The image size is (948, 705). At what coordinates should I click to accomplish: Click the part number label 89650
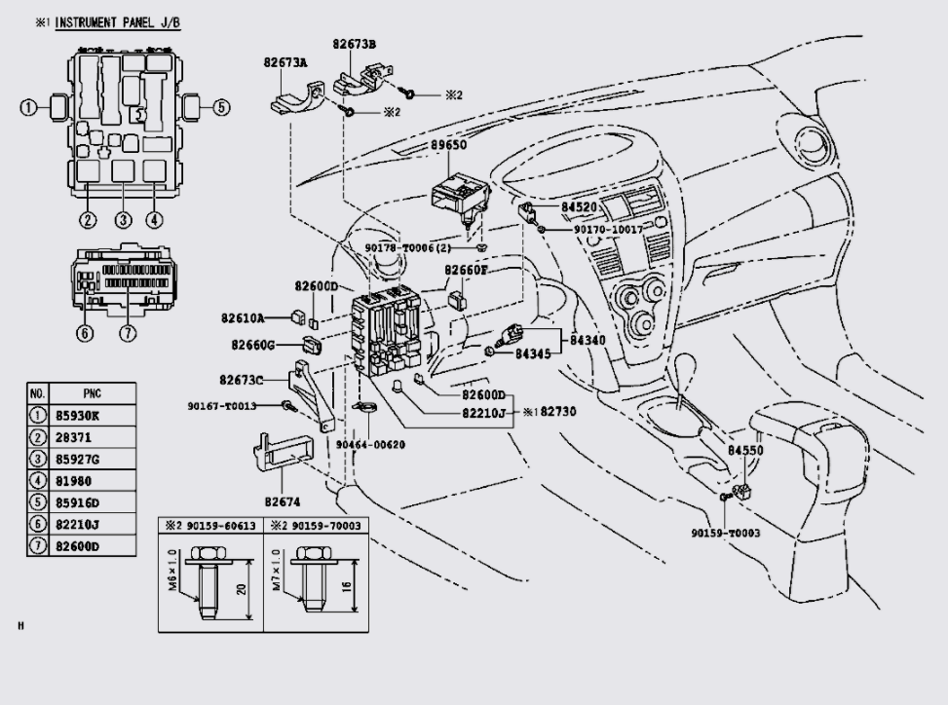click(x=449, y=145)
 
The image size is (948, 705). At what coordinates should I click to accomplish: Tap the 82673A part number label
click(x=285, y=61)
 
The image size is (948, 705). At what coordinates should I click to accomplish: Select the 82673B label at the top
click(x=354, y=44)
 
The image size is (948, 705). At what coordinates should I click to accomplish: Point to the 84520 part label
click(x=578, y=207)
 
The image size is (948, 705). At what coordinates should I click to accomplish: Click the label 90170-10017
click(x=594, y=230)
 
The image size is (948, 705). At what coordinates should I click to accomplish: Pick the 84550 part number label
click(x=745, y=451)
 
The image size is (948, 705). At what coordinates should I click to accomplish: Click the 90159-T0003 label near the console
click(x=726, y=534)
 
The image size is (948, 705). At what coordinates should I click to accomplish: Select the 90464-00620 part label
click(x=370, y=444)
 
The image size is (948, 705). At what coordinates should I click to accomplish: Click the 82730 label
click(x=558, y=412)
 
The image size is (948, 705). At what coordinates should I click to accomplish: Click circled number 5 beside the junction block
click(x=221, y=107)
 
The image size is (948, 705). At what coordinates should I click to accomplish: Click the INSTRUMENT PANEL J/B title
click(x=117, y=21)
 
